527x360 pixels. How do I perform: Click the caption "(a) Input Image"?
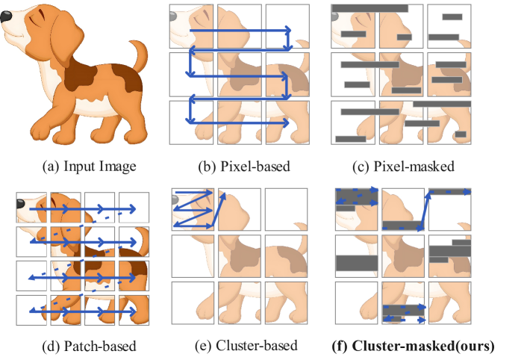point(89,167)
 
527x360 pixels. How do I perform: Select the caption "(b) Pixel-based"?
point(244,167)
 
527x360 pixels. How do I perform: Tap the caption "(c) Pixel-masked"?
point(403,167)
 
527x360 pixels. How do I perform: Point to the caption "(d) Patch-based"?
point(89,346)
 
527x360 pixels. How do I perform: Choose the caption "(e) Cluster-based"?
point(246,346)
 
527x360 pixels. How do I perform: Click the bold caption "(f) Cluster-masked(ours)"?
point(413,346)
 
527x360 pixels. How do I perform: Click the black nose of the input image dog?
point(6,16)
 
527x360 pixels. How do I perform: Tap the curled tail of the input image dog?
point(140,55)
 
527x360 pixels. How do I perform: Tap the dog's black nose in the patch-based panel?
point(21,203)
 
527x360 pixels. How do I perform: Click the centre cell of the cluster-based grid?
point(240,256)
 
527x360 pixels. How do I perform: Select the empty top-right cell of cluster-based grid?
point(286,209)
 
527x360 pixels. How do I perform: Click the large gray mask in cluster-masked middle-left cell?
point(357,263)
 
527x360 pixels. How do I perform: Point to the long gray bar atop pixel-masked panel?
point(369,8)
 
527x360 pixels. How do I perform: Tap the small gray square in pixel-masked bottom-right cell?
point(461,134)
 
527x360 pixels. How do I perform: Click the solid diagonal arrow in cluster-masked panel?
point(424,212)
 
